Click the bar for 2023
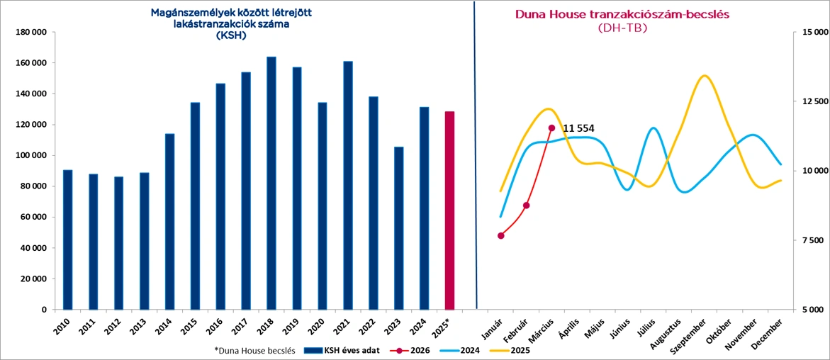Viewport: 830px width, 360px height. click(x=399, y=227)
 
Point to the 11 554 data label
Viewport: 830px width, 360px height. click(x=578, y=128)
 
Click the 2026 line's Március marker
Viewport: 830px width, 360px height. click(x=551, y=128)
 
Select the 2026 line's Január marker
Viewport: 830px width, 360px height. click(x=500, y=235)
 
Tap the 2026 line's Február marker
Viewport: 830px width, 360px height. click(x=526, y=206)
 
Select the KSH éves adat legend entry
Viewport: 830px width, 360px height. click(x=343, y=350)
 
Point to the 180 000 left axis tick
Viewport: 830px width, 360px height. click(x=30, y=32)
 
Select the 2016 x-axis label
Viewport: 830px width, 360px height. click(x=215, y=329)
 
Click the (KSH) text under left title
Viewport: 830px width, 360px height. click(x=231, y=35)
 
